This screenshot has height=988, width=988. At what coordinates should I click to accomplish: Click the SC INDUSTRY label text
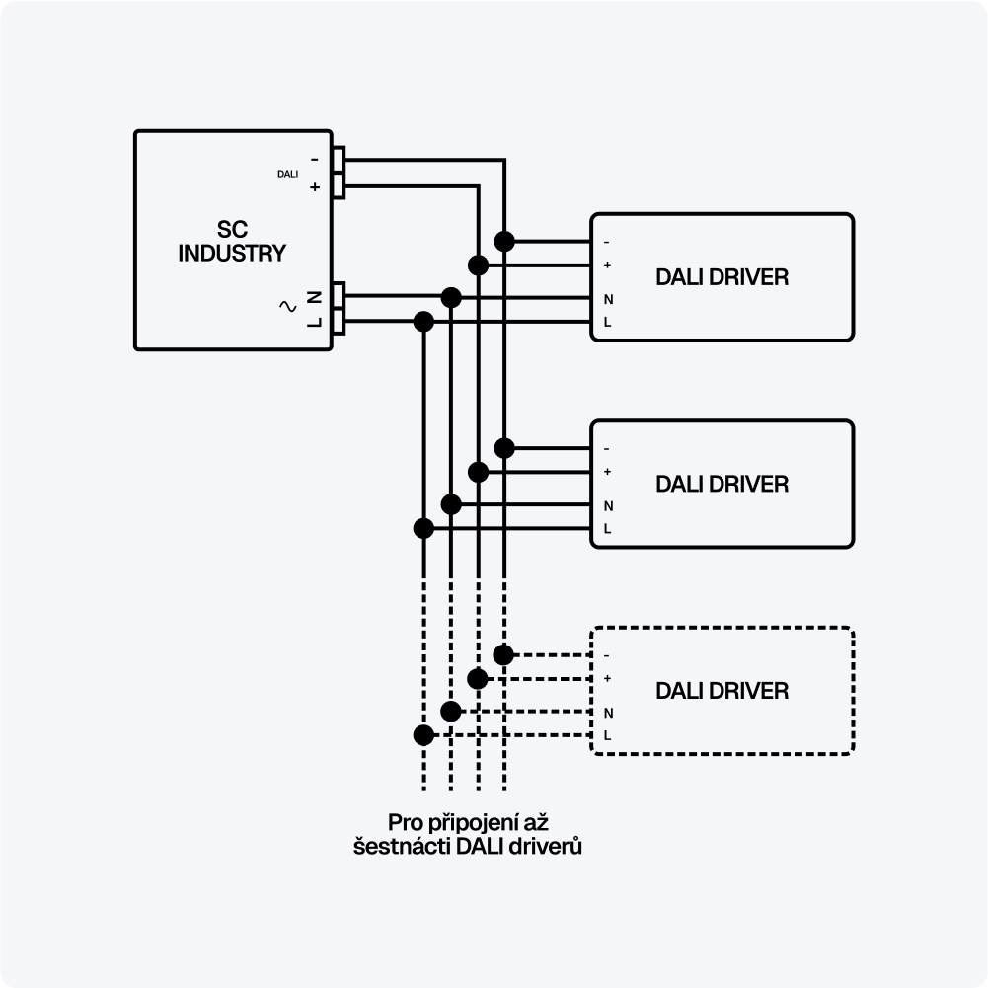(231, 241)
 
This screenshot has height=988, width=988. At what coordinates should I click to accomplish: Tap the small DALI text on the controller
(287, 174)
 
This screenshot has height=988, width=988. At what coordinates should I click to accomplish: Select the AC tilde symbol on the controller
(289, 306)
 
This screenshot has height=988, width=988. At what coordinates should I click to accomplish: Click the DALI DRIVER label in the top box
(722, 277)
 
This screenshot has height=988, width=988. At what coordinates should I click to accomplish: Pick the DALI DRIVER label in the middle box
(722, 485)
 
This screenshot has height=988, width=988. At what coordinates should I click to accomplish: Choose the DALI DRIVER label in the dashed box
(722, 691)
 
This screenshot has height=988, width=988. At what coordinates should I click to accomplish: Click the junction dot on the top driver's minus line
(504, 241)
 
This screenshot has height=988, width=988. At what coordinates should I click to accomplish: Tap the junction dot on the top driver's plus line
(478, 265)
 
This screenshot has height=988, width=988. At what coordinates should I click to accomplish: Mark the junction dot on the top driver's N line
(451, 297)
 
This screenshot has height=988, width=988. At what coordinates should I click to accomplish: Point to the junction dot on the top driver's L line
(424, 321)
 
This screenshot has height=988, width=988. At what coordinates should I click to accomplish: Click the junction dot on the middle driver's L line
(424, 528)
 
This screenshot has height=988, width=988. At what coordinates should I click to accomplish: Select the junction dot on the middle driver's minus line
(504, 448)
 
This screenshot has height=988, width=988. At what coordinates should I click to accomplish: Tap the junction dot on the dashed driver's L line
(423, 734)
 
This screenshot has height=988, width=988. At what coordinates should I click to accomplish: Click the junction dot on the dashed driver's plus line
(478, 678)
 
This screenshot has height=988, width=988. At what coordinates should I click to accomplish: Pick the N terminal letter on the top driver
(607, 299)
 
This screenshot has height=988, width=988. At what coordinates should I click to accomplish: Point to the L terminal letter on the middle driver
(607, 529)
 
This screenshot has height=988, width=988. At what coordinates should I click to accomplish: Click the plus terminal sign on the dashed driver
(607, 678)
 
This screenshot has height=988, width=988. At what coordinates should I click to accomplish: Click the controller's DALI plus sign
(315, 187)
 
